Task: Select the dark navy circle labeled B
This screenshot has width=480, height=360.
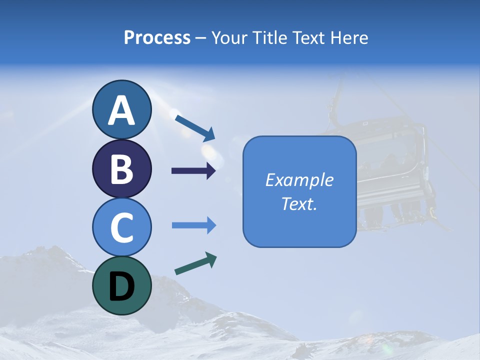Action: click(121, 169)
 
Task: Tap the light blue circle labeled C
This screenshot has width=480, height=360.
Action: click(121, 227)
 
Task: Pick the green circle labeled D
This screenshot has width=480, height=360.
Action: click(121, 285)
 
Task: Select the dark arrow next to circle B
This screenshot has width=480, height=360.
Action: click(193, 171)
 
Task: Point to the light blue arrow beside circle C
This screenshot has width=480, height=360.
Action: click(193, 225)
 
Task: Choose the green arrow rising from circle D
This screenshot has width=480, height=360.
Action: click(195, 263)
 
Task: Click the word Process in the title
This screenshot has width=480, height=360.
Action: click(157, 37)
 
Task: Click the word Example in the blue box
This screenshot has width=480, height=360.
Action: click(299, 180)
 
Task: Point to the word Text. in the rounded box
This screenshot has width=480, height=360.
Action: click(299, 204)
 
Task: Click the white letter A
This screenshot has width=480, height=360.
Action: click(121, 110)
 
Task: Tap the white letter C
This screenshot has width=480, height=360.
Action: click(121, 228)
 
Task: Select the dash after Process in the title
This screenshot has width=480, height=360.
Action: click(200, 38)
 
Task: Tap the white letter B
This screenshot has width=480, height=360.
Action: click(121, 169)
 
